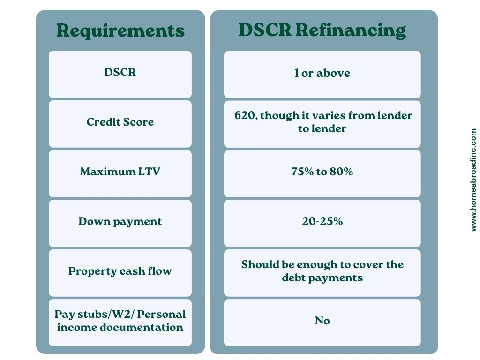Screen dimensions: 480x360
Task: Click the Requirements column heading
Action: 120,30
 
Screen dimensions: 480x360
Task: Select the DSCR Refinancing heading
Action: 322,30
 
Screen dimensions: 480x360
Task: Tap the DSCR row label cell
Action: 120,75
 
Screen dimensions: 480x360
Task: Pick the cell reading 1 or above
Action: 322,75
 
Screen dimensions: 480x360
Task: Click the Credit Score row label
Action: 120,122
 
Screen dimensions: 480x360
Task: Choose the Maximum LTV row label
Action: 120,172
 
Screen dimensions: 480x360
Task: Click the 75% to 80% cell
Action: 322,173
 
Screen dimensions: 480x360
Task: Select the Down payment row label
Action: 120,222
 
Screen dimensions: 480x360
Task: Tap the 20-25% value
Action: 322,221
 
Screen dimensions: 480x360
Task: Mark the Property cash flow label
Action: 120,271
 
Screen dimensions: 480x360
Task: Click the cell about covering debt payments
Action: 322,273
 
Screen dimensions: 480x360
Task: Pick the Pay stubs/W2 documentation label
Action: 120,321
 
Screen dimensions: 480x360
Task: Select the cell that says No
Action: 322,322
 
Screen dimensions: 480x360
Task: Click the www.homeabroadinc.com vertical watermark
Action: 473,180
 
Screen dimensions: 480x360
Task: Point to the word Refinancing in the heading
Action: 351,31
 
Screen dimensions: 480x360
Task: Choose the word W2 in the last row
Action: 125,315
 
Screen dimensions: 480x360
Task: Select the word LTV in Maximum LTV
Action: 149,172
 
